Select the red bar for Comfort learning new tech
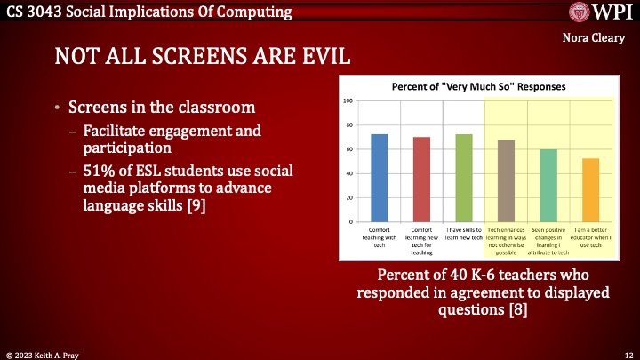[421, 179]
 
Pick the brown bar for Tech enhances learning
[506, 180]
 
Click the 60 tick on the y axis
[348, 149]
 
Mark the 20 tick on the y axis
[348, 197]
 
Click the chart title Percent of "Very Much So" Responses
[479, 87]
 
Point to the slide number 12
[628, 353]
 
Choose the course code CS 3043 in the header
[36, 11]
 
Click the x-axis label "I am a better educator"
[590, 237]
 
